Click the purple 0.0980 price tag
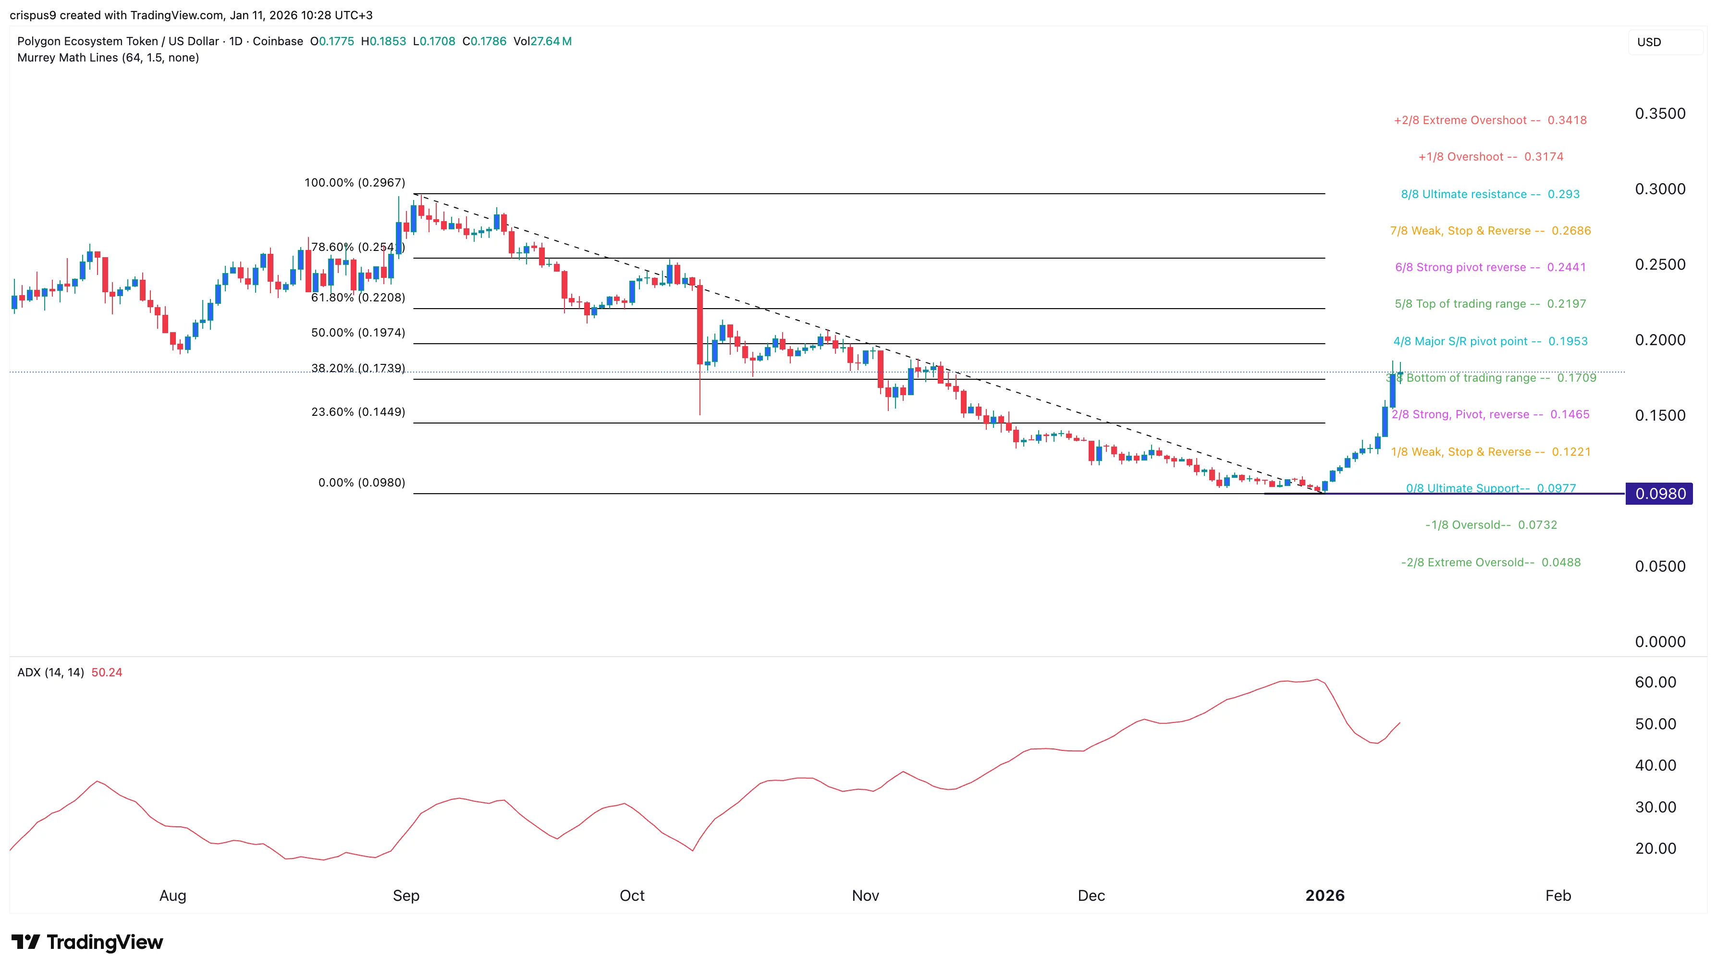(1659, 494)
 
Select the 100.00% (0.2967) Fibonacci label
(355, 183)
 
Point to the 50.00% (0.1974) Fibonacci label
(358, 333)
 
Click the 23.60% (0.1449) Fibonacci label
(358, 412)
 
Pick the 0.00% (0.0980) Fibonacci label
(361, 483)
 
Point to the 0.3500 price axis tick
(1660, 113)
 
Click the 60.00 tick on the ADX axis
(1655, 682)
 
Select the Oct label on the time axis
(632, 896)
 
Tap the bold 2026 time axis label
(1325, 896)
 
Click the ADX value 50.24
(107, 672)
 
